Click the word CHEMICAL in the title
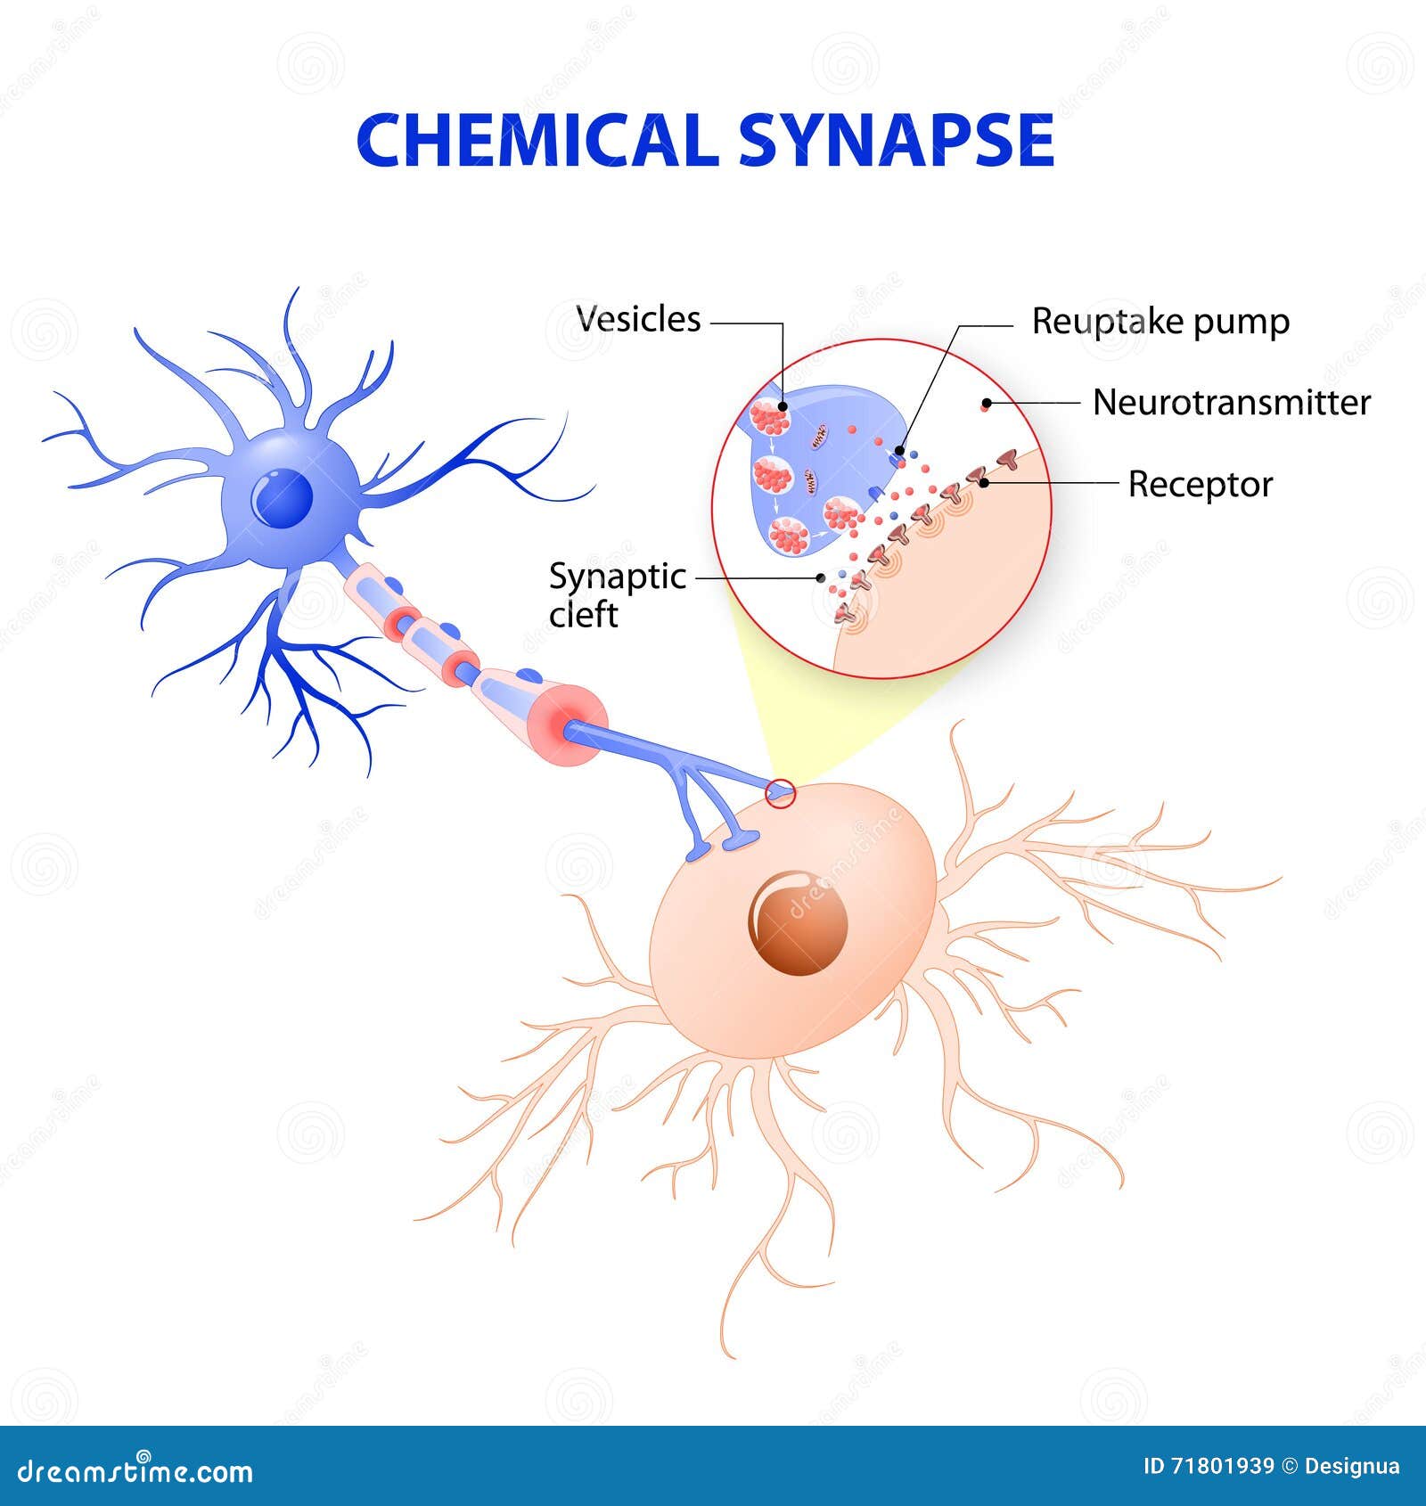click(x=537, y=141)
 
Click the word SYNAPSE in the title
click(x=896, y=141)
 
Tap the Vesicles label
click(x=638, y=319)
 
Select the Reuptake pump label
click(x=1160, y=322)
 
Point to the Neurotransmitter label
click(x=1231, y=403)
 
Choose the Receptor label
click(x=1200, y=485)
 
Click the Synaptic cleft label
click(x=616, y=595)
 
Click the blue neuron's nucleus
click(x=283, y=497)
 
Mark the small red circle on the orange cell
click(x=781, y=793)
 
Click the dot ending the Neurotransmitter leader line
click(x=986, y=404)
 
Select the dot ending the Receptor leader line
click(x=985, y=483)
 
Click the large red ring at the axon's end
click(x=572, y=725)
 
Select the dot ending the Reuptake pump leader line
click(x=900, y=452)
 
